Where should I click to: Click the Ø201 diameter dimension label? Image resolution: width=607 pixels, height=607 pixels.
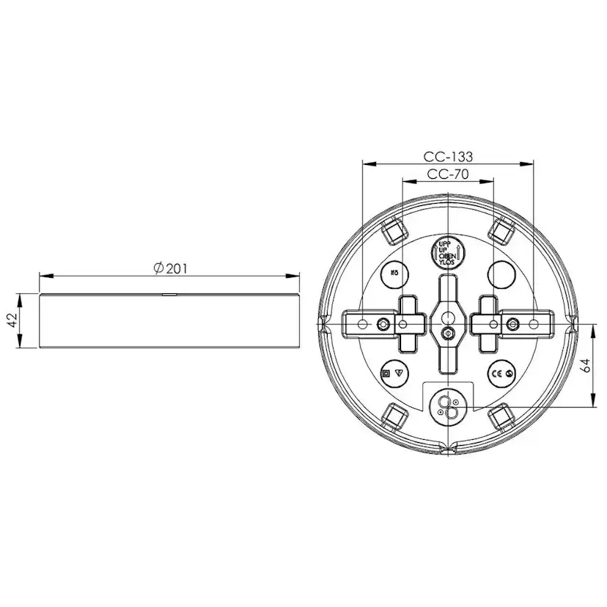point(170,268)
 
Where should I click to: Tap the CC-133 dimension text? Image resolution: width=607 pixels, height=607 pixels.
point(448,156)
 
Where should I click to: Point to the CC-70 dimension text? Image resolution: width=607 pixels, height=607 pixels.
point(448,174)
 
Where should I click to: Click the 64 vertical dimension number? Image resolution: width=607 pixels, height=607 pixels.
point(586,366)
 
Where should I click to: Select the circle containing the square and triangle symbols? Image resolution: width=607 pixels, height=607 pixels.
point(394,372)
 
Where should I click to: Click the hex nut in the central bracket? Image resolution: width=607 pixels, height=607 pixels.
point(447,334)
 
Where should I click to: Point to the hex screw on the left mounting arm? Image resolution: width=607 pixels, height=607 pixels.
point(383,323)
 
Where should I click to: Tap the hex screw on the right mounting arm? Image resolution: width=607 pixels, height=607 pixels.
point(512,323)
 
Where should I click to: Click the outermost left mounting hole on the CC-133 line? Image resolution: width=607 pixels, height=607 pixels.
point(361,323)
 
